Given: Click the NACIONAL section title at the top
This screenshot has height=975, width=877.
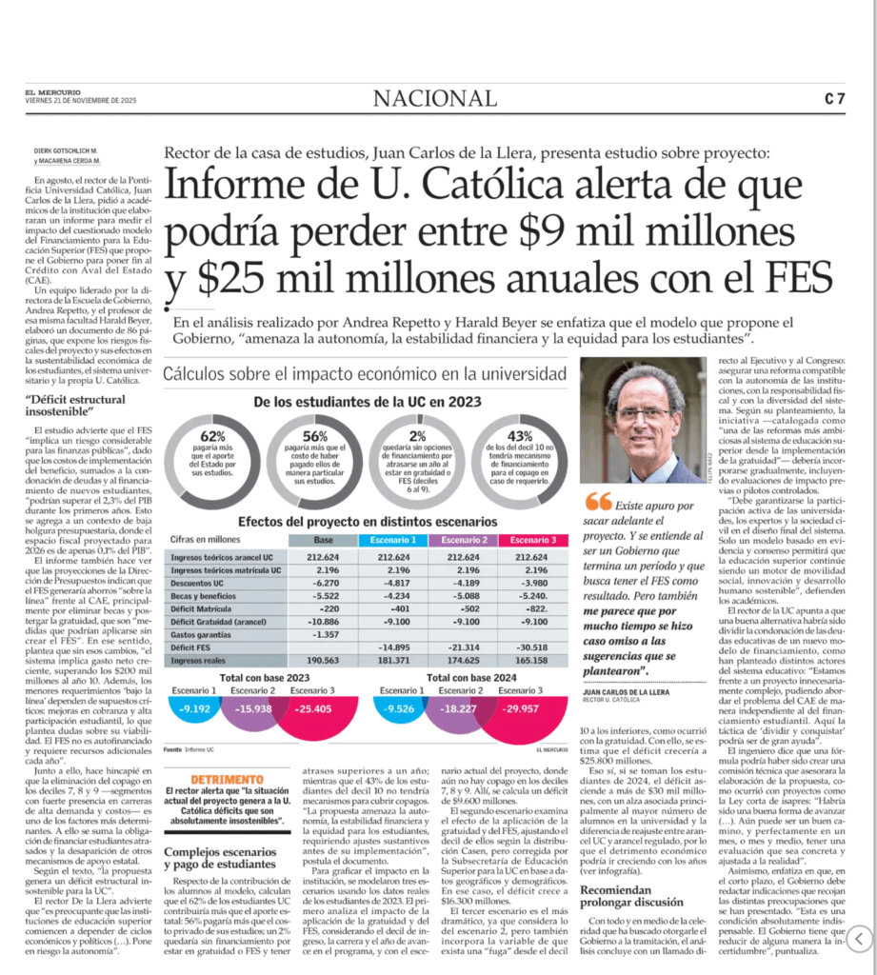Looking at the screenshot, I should click(434, 98).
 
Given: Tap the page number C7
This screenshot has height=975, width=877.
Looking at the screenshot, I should click(835, 98).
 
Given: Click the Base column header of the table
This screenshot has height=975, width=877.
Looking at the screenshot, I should click(323, 540).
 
